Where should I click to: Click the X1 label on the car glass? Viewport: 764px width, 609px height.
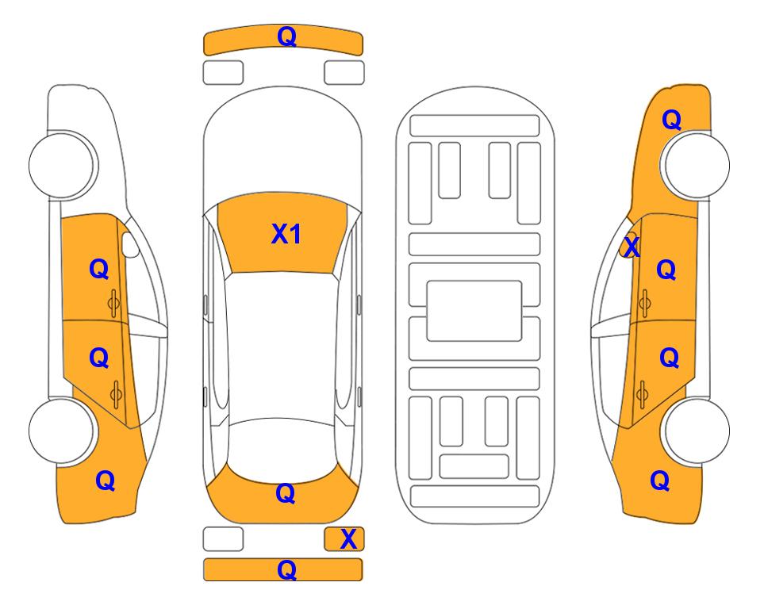point(286,234)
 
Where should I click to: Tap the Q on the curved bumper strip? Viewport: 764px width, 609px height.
point(286,36)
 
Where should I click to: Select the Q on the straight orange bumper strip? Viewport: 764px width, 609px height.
point(286,569)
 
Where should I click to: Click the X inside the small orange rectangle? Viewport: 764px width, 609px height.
point(348,539)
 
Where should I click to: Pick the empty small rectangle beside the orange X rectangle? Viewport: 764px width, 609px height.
point(223,539)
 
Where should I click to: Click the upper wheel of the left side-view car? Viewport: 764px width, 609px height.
point(62,165)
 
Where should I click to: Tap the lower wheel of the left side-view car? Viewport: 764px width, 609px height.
point(62,431)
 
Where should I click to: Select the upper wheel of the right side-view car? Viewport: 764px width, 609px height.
point(696,165)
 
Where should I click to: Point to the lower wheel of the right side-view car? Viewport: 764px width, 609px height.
point(696,431)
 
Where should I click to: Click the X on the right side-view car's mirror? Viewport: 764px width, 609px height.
point(632,246)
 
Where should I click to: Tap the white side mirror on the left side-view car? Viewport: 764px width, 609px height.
point(130,245)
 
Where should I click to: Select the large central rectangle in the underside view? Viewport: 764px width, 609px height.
point(474,311)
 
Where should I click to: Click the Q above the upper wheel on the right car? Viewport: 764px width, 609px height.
point(671,120)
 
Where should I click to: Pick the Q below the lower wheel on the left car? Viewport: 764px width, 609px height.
point(106,481)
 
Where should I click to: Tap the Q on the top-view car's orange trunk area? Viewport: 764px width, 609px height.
point(286,493)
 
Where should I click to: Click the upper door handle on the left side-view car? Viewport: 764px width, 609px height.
point(113,304)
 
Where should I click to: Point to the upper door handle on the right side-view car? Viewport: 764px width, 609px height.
point(644,303)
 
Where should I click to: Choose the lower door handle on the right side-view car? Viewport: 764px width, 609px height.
point(642,394)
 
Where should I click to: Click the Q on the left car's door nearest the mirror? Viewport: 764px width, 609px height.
point(99,269)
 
